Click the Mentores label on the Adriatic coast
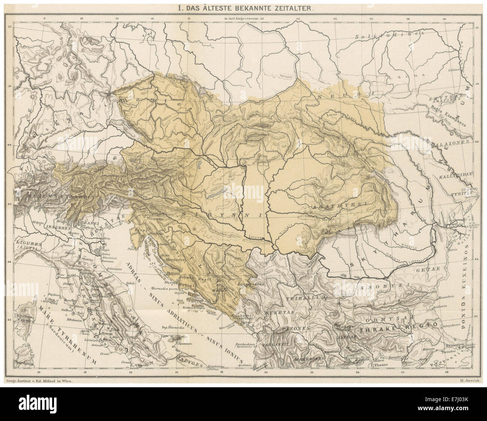(x=172, y=259)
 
